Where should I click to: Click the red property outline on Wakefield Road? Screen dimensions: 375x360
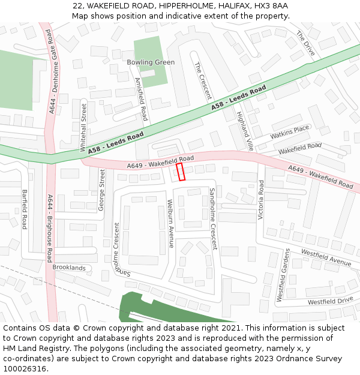coord(181,172)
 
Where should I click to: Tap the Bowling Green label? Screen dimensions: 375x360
coord(151,62)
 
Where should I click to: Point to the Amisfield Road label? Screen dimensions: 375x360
coord(142,99)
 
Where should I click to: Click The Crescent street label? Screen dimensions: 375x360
coord(203,80)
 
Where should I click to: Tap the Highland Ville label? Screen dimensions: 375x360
coord(245,130)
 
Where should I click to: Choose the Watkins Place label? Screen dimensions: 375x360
coord(290,131)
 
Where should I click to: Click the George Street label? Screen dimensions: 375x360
coord(101,190)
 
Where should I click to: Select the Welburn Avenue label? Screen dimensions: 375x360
coord(170,223)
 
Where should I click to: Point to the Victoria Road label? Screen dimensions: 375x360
coord(261,199)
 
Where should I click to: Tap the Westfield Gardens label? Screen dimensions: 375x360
coord(280,275)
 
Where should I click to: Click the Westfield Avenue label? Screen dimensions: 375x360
coord(326,257)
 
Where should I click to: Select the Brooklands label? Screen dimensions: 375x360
coord(69,268)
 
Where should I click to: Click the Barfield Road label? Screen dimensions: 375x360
coord(25,209)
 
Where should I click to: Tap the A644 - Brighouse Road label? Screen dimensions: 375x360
coord(50,228)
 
